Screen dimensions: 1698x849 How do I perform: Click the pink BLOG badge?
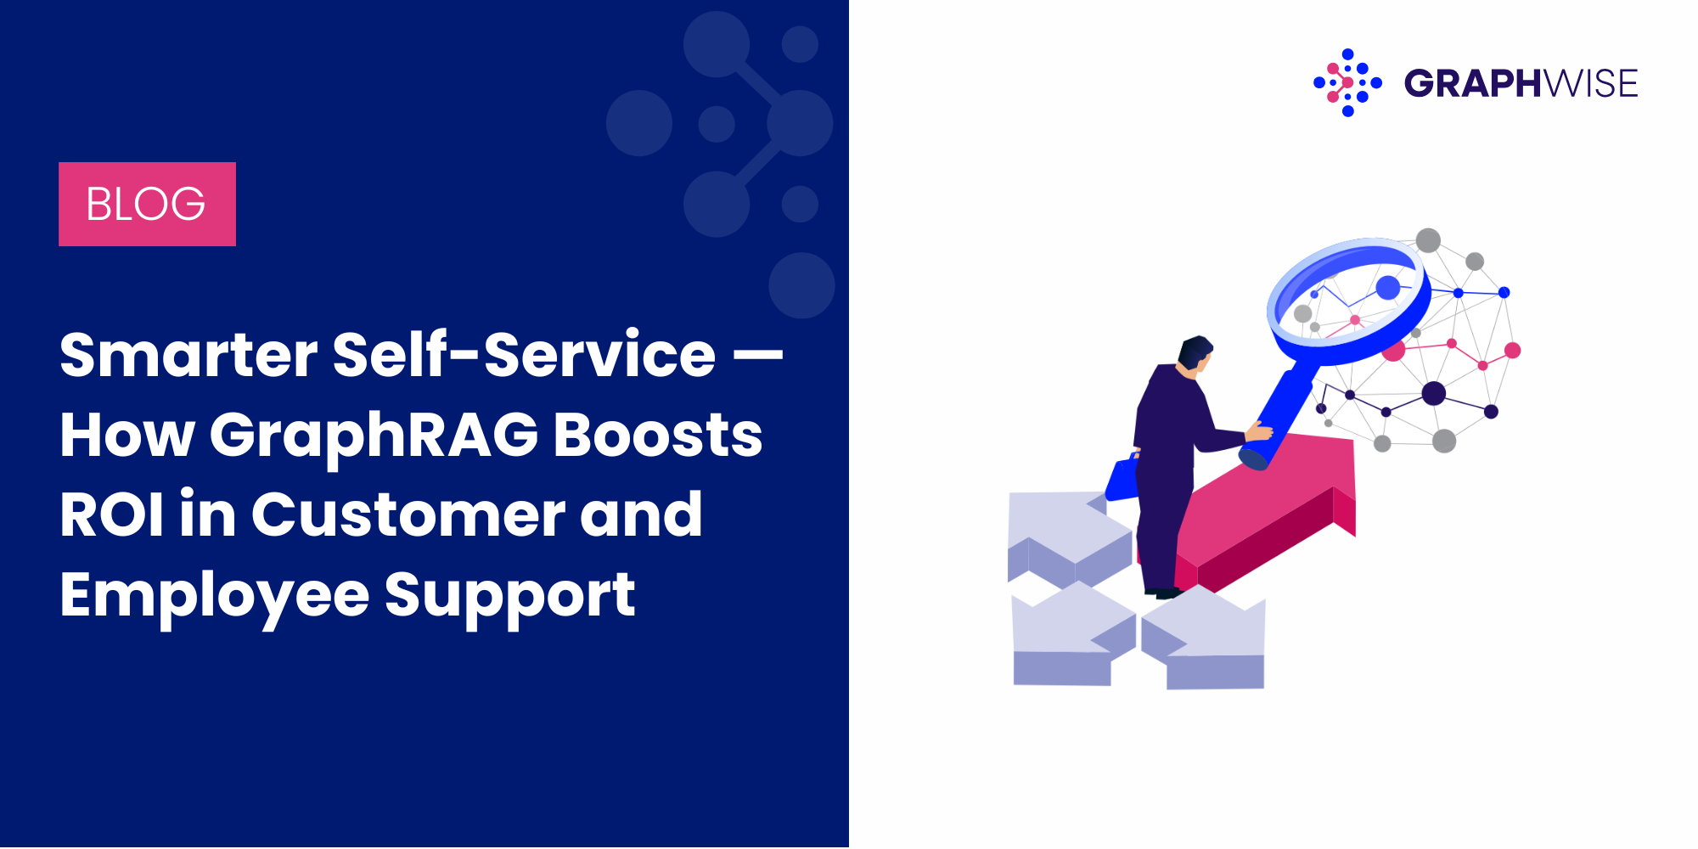point(147,204)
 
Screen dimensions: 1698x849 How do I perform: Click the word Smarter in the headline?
point(188,354)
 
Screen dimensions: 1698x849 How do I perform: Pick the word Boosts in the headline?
point(658,434)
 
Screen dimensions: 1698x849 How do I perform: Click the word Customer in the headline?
point(408,514)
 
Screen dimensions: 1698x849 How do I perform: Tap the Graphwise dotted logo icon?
point(1347,82)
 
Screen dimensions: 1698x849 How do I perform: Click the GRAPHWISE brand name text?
point(1521,83)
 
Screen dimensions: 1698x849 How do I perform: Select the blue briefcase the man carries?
point(1122,479)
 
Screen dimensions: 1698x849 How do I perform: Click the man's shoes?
point(1164,593)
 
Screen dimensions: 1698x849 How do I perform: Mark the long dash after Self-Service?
point(758,356)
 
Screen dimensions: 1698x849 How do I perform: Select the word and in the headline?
point(641,514)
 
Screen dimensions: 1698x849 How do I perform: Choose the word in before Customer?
point(208,514)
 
